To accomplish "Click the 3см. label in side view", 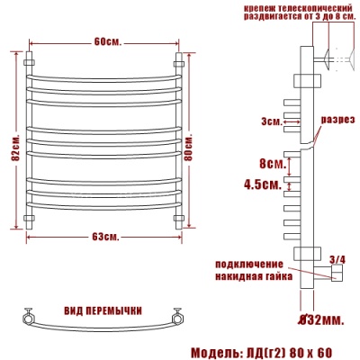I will (269, 121).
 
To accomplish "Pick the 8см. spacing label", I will (271, 166).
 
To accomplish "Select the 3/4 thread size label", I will (338, 260).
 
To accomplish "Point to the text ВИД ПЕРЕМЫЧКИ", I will (103, 310).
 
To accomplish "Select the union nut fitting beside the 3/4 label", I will (337, 274).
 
